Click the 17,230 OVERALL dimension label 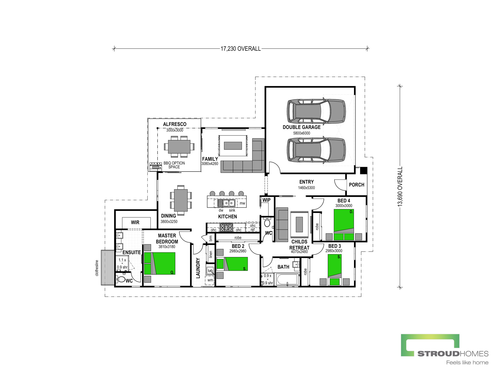tap(241, 49)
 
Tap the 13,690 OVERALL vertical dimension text tap(400, 186)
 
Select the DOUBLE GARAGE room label tap(302, 127)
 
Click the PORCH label tap(357, 185)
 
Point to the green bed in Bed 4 tap(344, 225)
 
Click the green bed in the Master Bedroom tap(160, 263)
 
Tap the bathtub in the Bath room tap(287, 279)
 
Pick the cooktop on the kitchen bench tap(226, 227)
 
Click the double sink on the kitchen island tap(229, 203)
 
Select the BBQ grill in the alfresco tap(156, 166)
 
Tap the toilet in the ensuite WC tap(121, 280)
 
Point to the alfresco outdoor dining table tap(179, 147)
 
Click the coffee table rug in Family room tap(233, 146)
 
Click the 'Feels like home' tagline tap(467, 363)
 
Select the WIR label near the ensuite tap(135, 222)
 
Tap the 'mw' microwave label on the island tap(242, 203)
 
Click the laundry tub tap(210, 270)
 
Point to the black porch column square tap(363, 171)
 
